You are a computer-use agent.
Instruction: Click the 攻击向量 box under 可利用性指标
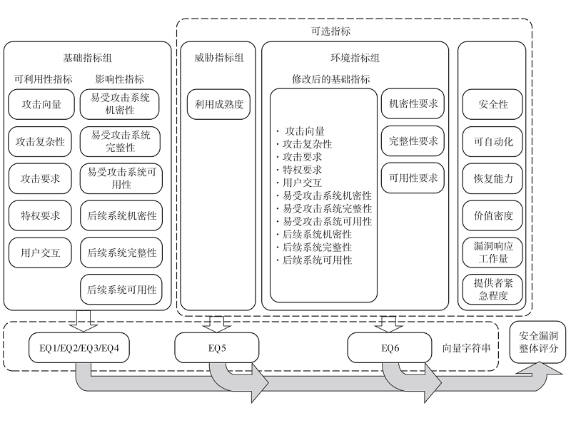point(41,104)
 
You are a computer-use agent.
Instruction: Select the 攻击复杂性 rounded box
point(41,141)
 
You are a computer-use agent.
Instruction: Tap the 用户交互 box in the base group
point(41,251)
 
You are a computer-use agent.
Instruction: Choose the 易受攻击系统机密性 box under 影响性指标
point(121,104)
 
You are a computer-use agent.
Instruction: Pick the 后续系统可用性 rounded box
point(121,289)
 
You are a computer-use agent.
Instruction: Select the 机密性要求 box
point(413,104)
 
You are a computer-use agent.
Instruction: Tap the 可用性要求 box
point(413,178)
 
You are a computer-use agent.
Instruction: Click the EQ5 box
point(213,348)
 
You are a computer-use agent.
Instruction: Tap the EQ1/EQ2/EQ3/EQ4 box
point(79,348)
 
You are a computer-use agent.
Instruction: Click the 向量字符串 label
point(466,348)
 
